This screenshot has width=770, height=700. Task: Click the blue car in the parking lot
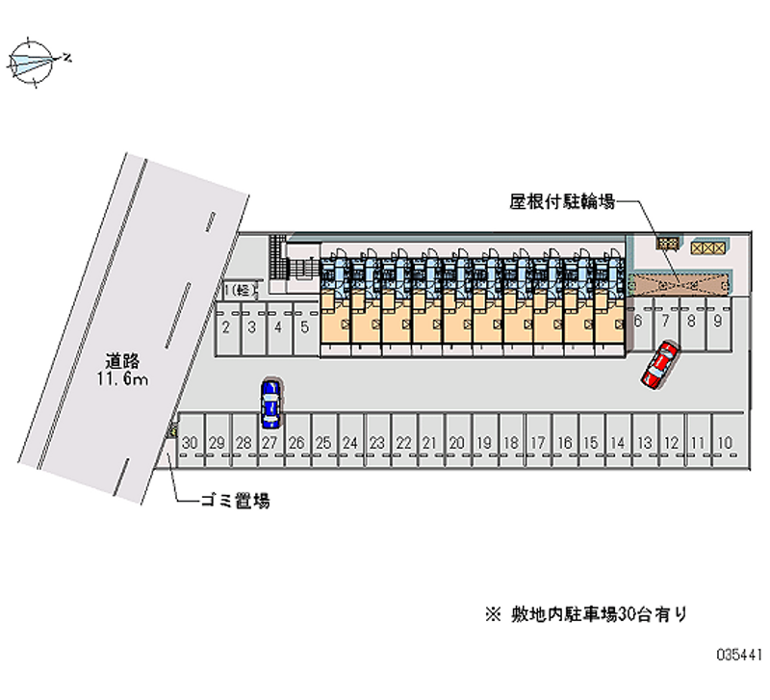[271, 403]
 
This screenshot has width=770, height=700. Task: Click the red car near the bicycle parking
[660, 365]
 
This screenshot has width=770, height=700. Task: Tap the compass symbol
[36, 63]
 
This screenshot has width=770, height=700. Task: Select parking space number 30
[191, 442]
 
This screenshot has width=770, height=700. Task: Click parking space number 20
[457, 442]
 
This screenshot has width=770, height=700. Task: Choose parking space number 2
[225, 327]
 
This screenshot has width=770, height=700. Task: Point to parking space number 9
[718, 321]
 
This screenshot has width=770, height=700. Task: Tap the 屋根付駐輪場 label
[562, 202]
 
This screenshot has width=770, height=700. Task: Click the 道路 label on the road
[124, 361]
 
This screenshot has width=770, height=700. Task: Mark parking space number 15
[592, 442]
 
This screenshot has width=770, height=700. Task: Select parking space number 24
[350, 442]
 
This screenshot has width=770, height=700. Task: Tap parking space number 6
[638, 321]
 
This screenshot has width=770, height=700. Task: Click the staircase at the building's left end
[279, 259]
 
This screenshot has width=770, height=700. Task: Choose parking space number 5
[304, 327]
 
